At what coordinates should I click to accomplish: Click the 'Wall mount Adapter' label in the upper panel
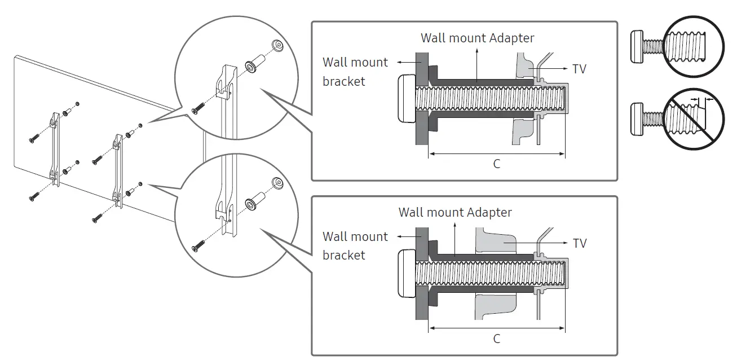[x=477, y=38]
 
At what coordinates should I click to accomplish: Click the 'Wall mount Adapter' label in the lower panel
[x=455, y=212]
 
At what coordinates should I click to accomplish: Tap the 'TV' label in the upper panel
[x=579, y=69]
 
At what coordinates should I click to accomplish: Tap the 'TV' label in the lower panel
[x=579, y=243]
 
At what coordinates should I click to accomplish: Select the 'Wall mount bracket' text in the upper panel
[x=355, y=72]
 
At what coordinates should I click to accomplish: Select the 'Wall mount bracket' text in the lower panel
[x=355, y=246]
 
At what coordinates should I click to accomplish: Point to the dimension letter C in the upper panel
[x=496, y=164]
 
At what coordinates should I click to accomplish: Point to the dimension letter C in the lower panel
[x=496, y=339]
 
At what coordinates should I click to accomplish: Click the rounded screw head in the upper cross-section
[x=406, y=99]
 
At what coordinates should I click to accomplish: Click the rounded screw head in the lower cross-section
[x=406, y=274]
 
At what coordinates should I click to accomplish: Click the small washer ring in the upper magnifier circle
[x=276, y=44]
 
